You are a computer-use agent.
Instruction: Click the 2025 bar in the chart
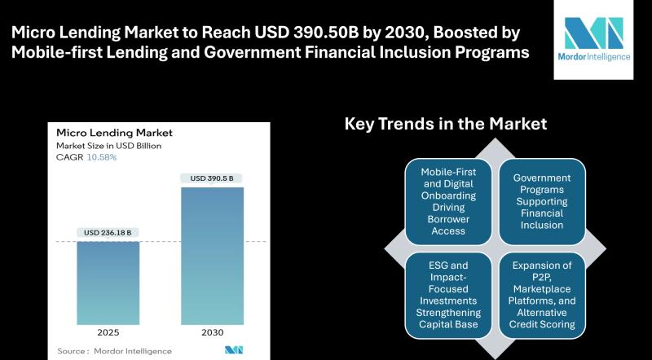(x=108, y=282)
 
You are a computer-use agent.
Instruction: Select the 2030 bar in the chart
(x=212, y=256)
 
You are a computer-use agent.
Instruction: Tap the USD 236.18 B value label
(x=108, y=233)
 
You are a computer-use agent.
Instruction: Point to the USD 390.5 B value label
(x=212, y=178)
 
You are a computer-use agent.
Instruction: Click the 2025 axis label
(x=108, y=334)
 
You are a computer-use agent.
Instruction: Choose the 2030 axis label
(x=212, y=334)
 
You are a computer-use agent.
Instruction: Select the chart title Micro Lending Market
(x=114, y=133)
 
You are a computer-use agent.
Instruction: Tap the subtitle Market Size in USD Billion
(x=108, y=146)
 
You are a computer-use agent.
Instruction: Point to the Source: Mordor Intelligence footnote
(x=114, y=351)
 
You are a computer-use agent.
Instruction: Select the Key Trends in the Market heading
(x=445, y=124)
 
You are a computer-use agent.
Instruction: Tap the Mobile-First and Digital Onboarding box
(x=449, y=201)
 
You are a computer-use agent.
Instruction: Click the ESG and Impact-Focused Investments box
(x=449, y=294)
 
